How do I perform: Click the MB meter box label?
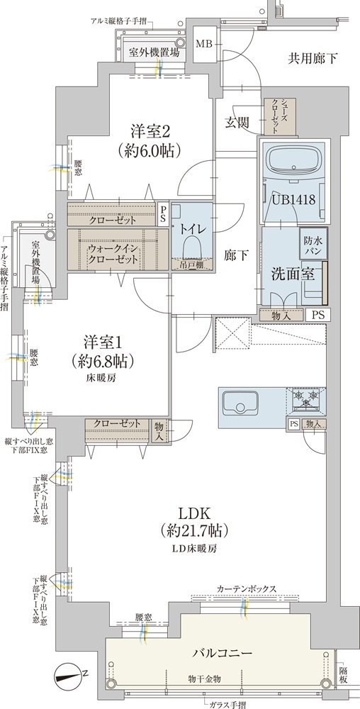coord(203,44)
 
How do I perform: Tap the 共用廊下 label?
coord(313,58)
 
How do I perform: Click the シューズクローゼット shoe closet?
coord(281,117)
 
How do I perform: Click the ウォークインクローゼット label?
coord(108,254)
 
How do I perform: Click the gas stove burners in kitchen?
coord(306,399)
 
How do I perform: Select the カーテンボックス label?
coord(246,588)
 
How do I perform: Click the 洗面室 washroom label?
coord(292,273)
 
